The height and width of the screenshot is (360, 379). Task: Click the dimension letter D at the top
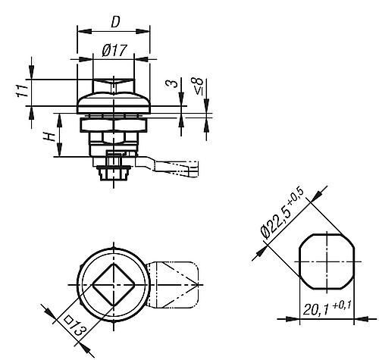(115, 22)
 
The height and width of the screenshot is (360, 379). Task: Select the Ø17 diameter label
(114, 50)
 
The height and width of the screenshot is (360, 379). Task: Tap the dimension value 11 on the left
(22, 91)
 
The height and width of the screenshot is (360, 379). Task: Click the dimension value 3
(172, 83)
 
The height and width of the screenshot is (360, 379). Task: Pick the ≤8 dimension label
(199, 86)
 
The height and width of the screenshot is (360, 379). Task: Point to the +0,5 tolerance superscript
(298, 196)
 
